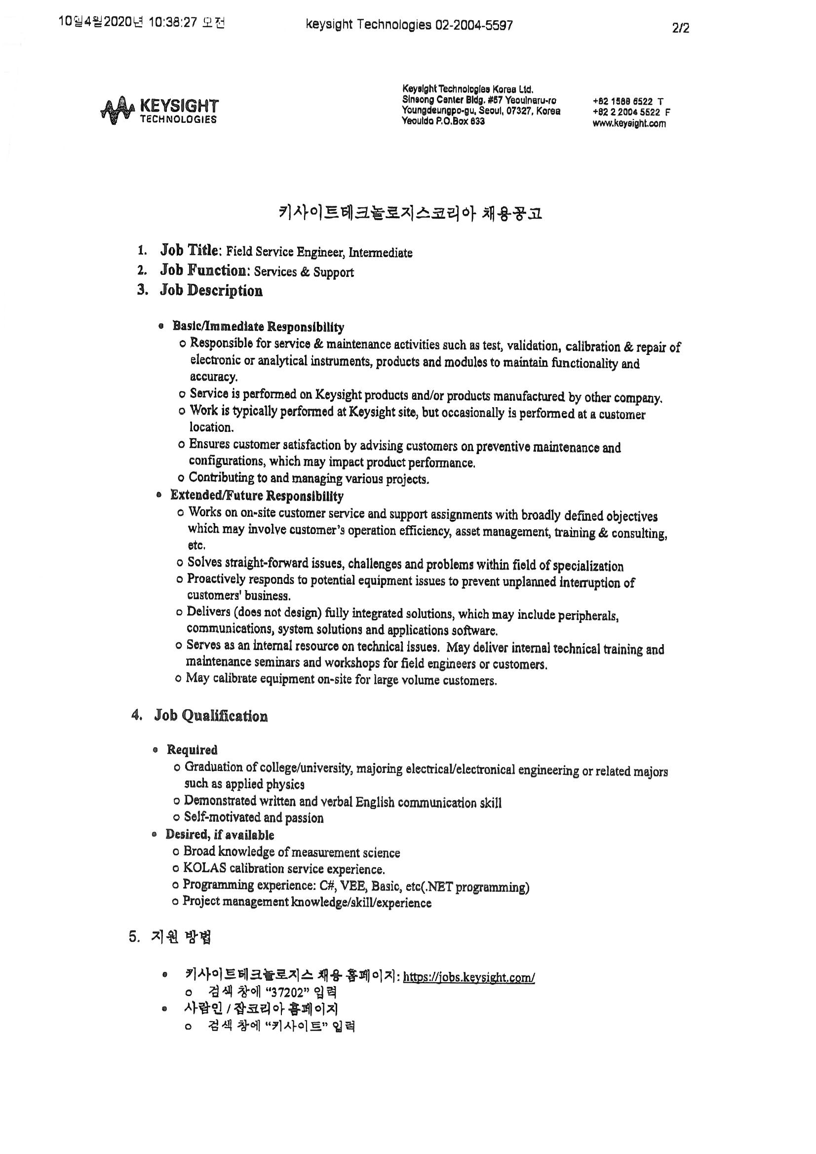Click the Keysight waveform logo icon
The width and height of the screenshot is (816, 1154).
coord(117,109)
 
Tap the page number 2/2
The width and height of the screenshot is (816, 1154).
coord(680,28)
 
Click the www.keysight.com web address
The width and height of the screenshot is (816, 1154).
coord(629,123)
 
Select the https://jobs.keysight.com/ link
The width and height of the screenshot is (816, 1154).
coord(468,977)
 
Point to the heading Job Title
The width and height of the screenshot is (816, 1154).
coord(190,250)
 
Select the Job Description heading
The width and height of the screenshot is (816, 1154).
coord(211,291)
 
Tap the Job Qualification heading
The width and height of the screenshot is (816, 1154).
coord(211,716)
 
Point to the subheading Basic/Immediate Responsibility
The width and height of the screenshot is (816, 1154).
coord(258,327)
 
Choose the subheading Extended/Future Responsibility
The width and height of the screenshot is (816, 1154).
coord(257,496)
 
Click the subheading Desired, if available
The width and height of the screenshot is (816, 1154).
coord(220,835)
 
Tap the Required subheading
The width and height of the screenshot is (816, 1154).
coord(192,750)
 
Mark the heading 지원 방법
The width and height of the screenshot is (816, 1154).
coord(181,937)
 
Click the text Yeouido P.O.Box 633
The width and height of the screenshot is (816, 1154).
coord(443,121)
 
